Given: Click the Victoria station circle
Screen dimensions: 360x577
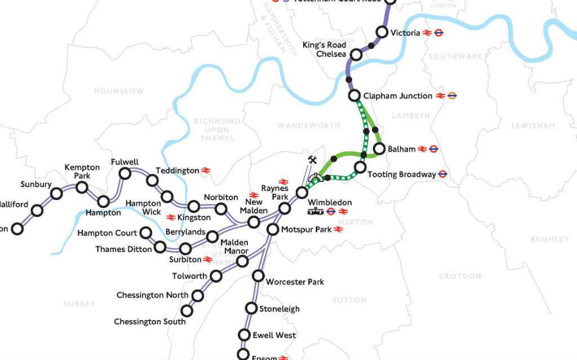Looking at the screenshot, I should [381, 33].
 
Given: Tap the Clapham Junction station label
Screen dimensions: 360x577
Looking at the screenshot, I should [398, 96].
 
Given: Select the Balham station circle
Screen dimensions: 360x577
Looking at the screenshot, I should [378, 149].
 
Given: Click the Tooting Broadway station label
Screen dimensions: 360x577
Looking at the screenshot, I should [401, 175].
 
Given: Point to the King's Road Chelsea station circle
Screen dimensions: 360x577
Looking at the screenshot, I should [356, 55].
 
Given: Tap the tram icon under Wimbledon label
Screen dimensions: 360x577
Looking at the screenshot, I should [315, 212].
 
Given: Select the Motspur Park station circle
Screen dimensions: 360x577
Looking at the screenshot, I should [273, 229].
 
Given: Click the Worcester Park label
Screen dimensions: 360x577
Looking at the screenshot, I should [295, 282].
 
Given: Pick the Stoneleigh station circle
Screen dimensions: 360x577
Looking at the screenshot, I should [251, 308].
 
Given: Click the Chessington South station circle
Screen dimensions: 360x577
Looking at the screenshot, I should [186, 310].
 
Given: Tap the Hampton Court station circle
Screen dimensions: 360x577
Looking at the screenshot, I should [145, 233].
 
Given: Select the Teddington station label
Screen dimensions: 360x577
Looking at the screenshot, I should [177, 170].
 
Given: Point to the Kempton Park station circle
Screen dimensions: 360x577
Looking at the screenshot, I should [82, 188].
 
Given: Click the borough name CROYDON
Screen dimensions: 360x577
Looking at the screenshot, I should [460, 276].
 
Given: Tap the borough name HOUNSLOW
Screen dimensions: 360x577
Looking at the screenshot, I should [119, 91].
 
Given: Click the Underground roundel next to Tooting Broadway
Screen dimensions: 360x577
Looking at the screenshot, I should [443, 175].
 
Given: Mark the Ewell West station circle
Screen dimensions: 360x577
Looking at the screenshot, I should [244, 335].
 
